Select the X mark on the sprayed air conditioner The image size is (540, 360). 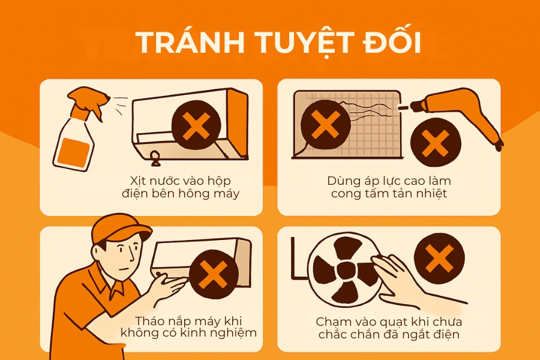[196, 125]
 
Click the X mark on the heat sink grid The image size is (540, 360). [325, 125]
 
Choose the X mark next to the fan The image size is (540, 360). [439, 258]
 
